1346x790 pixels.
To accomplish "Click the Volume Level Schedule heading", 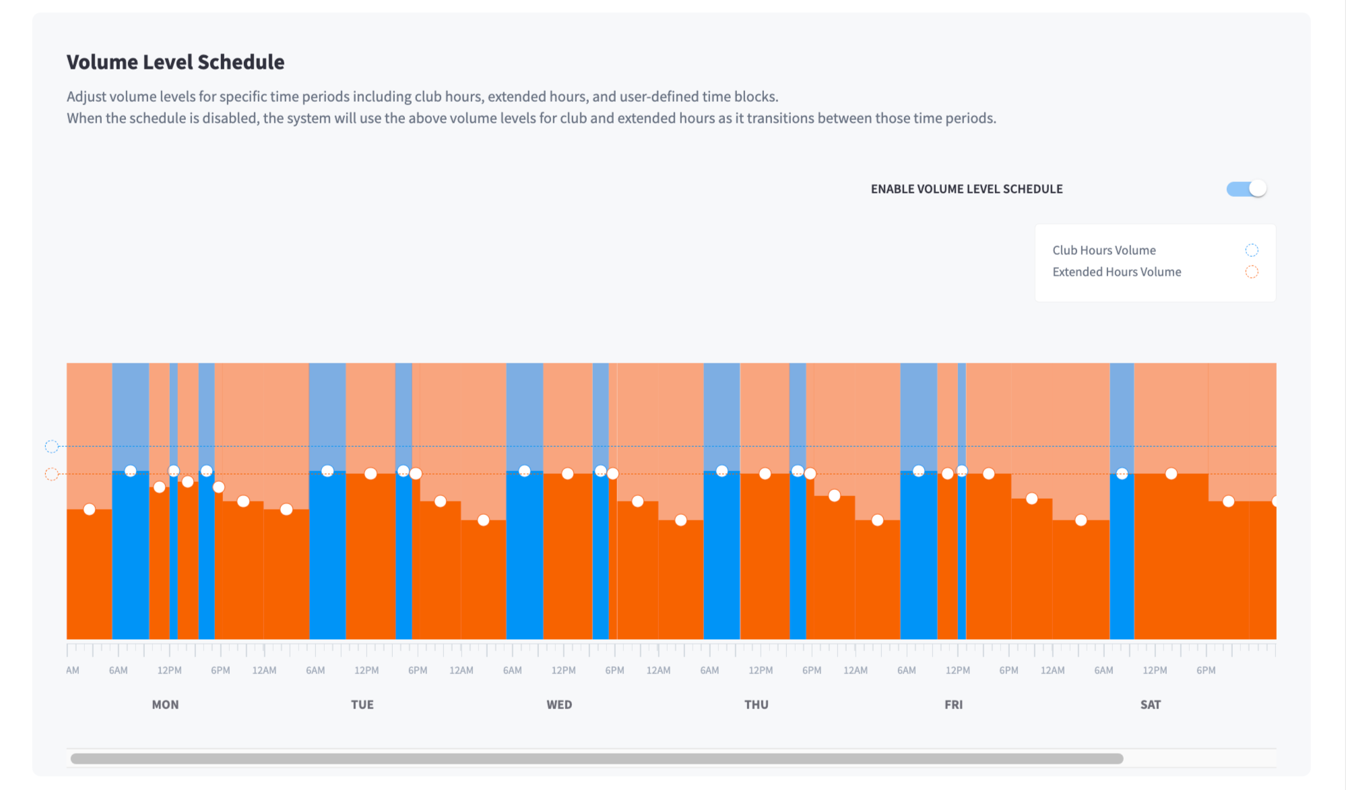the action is point(175,62).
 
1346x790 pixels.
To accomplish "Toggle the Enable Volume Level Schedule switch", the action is point(1246,189).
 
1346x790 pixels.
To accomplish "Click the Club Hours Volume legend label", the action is point(1103,250).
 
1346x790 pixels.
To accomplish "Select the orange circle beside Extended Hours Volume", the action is point(1252,272).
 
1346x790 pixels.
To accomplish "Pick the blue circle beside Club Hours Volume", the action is point(1252,250).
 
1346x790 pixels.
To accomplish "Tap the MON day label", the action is point(165,704).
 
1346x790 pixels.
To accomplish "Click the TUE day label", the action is point(362,704).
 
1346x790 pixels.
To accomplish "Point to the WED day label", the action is point(559,704).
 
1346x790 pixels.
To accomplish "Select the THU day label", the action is point(756,704).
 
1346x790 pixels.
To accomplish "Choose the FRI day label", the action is point(953,704).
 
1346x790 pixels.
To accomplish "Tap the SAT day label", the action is point(1150,704).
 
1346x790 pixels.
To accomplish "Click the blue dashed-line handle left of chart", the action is point(51,446).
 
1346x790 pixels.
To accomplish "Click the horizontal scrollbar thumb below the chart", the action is point(597,758).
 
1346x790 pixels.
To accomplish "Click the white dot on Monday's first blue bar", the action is point(130,471).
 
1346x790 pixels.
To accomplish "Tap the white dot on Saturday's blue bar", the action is point(1122,474).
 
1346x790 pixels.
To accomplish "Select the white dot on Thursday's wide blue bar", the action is point(722,471).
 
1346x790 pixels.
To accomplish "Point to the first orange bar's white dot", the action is point(89,509).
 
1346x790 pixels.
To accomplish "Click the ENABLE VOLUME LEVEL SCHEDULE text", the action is point(967,189).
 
